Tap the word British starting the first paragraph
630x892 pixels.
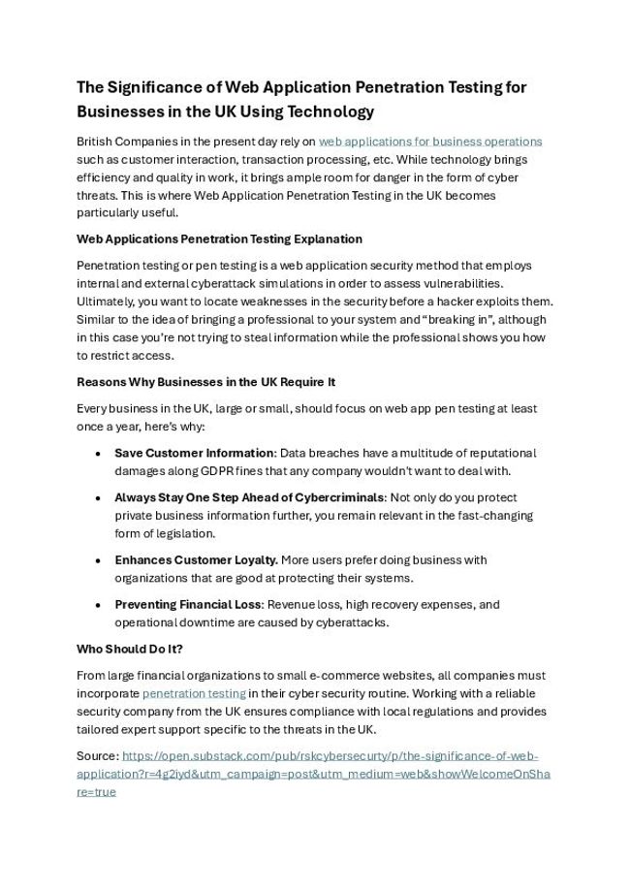click(x=96, y=142)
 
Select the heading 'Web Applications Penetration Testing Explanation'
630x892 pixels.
click(x=219, y=239)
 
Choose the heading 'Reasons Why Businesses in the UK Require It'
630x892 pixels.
click(x=205, y=382)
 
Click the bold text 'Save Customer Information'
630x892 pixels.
click(x=194, y=453)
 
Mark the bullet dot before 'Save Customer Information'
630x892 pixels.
click(x=99, y=454)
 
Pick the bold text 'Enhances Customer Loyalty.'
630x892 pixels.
click(x=197, y=560)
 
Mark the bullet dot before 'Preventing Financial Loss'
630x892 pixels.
click(x=99, y=605)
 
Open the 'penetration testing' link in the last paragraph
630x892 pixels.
click(x=194, y=694)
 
